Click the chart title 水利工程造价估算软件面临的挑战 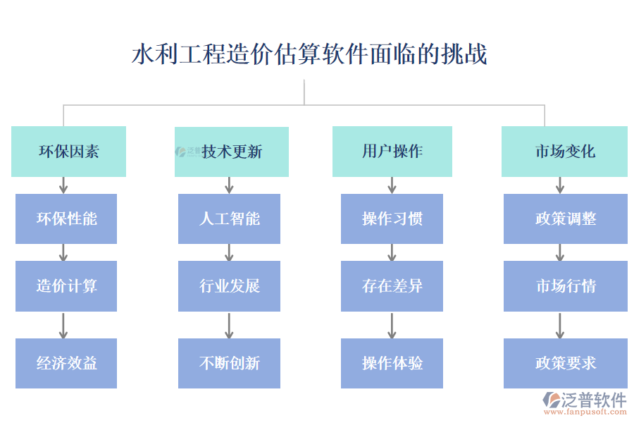(309, 54)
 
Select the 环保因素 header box (68, 152)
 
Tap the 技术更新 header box (232, 152)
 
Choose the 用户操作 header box (392, 152)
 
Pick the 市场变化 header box (564, 152)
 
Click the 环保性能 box (66, 219)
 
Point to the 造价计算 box (66, 286)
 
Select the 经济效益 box (66, 363)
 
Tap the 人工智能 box (229, 219)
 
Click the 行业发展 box (229, 286)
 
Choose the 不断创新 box (229, 363)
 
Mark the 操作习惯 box (392, 219)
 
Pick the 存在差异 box (392, 286)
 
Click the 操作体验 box (392, 363)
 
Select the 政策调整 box (565, 219)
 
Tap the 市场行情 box (565, 286)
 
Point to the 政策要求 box (565, 363)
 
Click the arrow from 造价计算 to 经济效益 (63, 325)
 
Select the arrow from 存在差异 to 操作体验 (392, 325)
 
